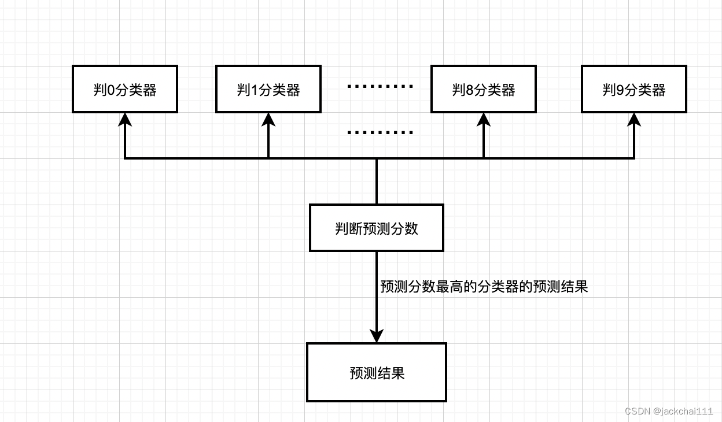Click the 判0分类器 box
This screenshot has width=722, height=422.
[x=124, y=89]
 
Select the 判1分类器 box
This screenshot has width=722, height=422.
[x=268, y=89]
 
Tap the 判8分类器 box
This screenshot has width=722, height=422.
[x=483, y=89]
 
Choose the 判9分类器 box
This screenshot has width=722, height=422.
[x=633, y=89]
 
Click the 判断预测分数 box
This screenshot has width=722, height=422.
[x=376, y=228]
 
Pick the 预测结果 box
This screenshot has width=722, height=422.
[x=376, y=372]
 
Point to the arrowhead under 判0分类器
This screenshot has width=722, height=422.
[x=125, y=119]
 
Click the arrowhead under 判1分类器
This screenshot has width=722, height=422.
[x=268, y=119]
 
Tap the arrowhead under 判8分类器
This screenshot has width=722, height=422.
[x=484, y=119]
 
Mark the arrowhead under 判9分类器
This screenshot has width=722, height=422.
[x=634, y=119]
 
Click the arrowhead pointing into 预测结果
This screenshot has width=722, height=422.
[x=377, y=335]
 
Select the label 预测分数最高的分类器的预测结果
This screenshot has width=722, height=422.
[x=484, y=287]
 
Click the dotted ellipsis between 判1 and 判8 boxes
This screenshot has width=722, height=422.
[x=380, y=87]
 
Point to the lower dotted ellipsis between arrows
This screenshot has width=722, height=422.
[x=380, y=132]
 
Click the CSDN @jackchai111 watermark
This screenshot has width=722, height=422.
[x=669, y=411]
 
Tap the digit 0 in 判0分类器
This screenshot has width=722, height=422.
[x=111, y=90]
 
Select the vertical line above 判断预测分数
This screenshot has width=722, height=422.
[x=377, y=181]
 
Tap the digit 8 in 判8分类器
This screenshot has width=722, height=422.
[x=470, y=90]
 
